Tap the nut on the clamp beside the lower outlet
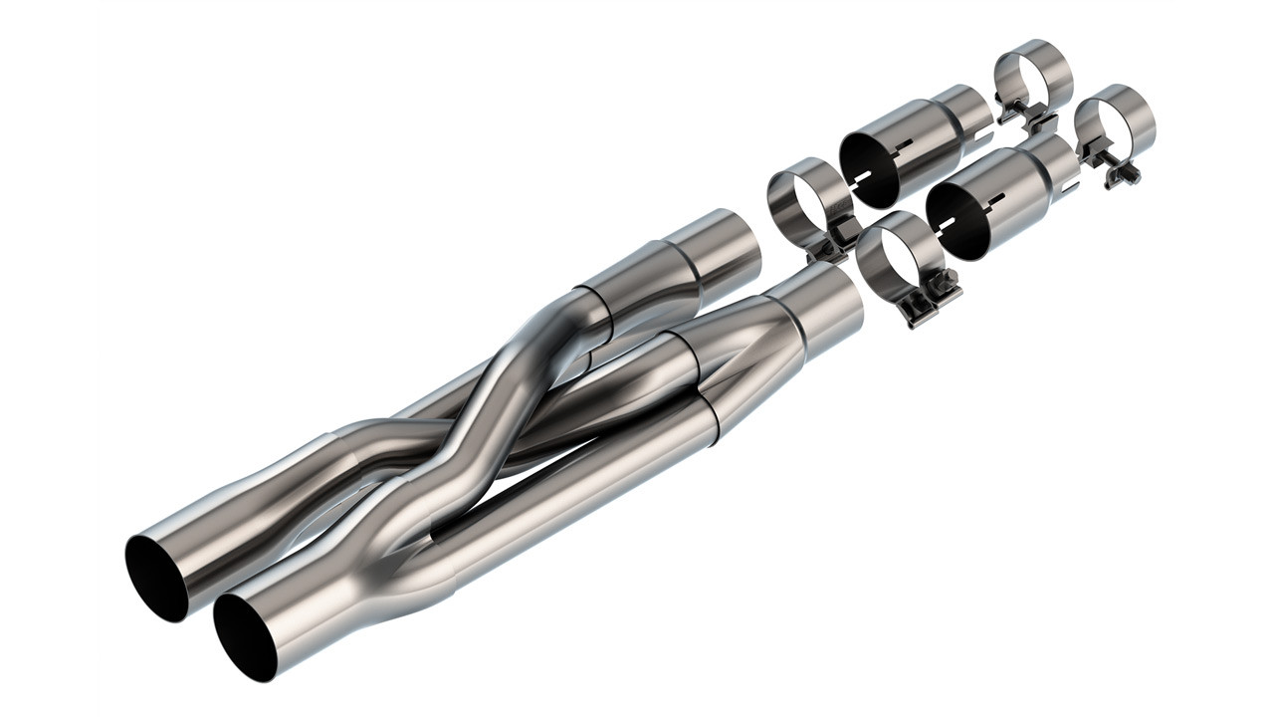(942, 283)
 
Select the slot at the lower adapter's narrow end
(1071, 185)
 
